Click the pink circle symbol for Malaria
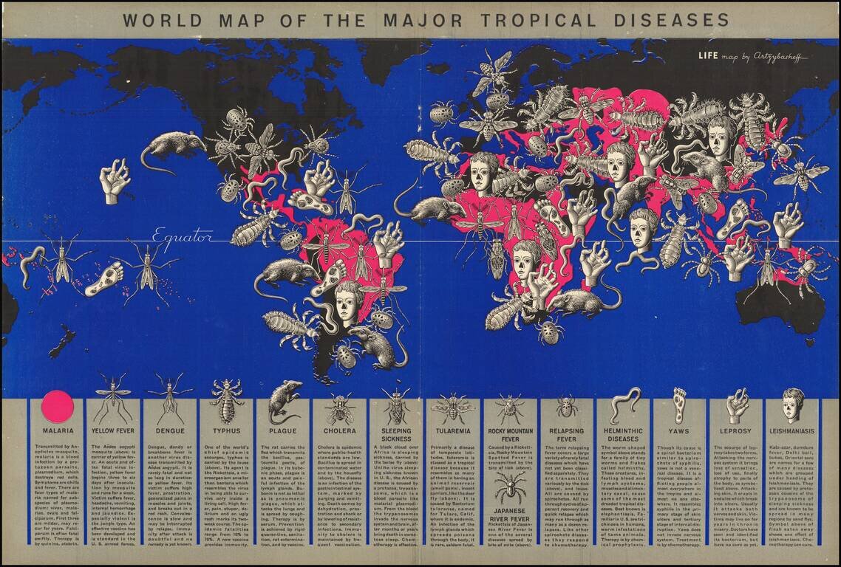coord(58,407)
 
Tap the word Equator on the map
coord(183,237)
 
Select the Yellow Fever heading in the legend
coord(113,430)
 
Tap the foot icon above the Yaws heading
coord(679,405)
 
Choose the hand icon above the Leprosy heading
coord(737,405)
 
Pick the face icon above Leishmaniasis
coord(793,404)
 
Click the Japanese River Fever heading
coord(510,513)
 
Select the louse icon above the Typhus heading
coord(227,401)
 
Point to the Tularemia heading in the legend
coord(452,430)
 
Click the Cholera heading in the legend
coord(340,430)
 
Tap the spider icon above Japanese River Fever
coord(510,487)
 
